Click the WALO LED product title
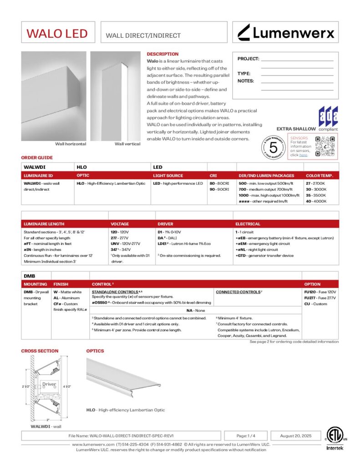[x=57, y=33]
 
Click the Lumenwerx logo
[x=286, y=32]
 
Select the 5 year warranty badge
[x=274, y=147]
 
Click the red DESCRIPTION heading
[x=162, y=54]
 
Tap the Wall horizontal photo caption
[x=71, y=144]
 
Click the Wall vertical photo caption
[x=127, y=144]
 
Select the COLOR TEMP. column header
[x=319, y=176]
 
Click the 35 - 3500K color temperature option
[x=316, y=195]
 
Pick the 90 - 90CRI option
[x=219, y=189]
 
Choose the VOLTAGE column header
[x=120, y=224]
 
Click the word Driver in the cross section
[x=49, y=384]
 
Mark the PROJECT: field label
[x=248, y=59]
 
